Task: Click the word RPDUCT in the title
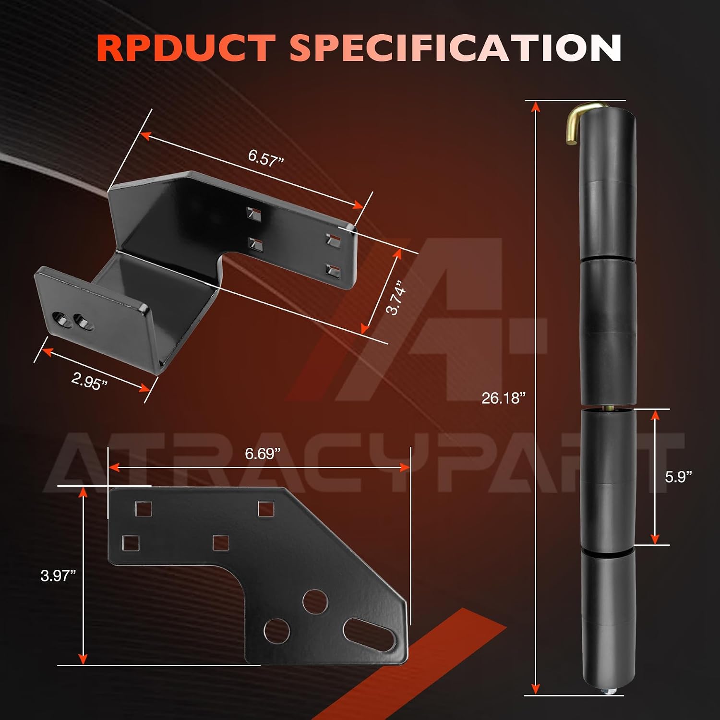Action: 186,48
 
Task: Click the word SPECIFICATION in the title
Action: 456,48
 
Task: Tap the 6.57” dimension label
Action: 266,157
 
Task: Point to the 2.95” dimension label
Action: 89,381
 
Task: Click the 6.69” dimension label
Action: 263,454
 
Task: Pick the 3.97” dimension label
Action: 58,576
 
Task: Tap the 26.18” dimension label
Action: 504,398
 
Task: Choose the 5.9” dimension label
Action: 678,477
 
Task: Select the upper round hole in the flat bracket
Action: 315,602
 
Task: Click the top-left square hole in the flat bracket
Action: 143,509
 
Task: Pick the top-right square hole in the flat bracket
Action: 266,509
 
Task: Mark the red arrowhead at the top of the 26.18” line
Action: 536,107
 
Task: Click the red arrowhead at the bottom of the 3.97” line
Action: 83,659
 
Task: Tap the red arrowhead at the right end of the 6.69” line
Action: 404,468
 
